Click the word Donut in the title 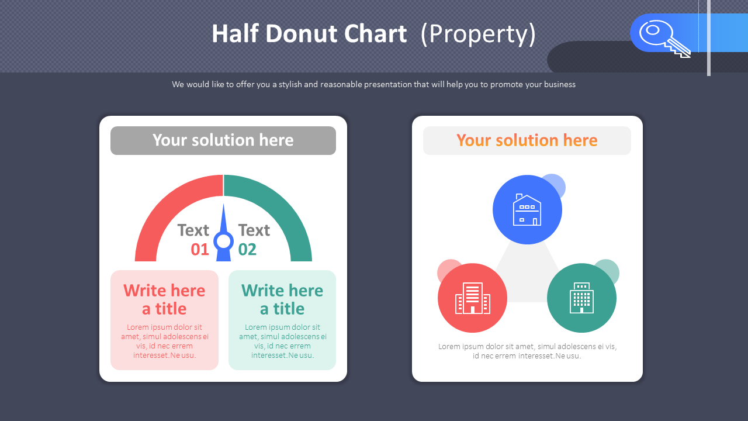click(306, 34)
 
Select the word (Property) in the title click(478, 34)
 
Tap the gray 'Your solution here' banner click(223, 140)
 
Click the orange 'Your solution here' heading click(527, 140)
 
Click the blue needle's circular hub click(223, 241)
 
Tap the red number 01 click(199, 250)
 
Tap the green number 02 click(247, 250)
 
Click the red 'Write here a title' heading click(164, 299)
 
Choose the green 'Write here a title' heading click(282, 299)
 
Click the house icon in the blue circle click(527, 210)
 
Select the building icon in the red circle click(472, 298)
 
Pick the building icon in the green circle click(581, 298)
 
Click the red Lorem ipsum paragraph click(164, 341)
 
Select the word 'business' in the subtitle click(559, 84)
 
